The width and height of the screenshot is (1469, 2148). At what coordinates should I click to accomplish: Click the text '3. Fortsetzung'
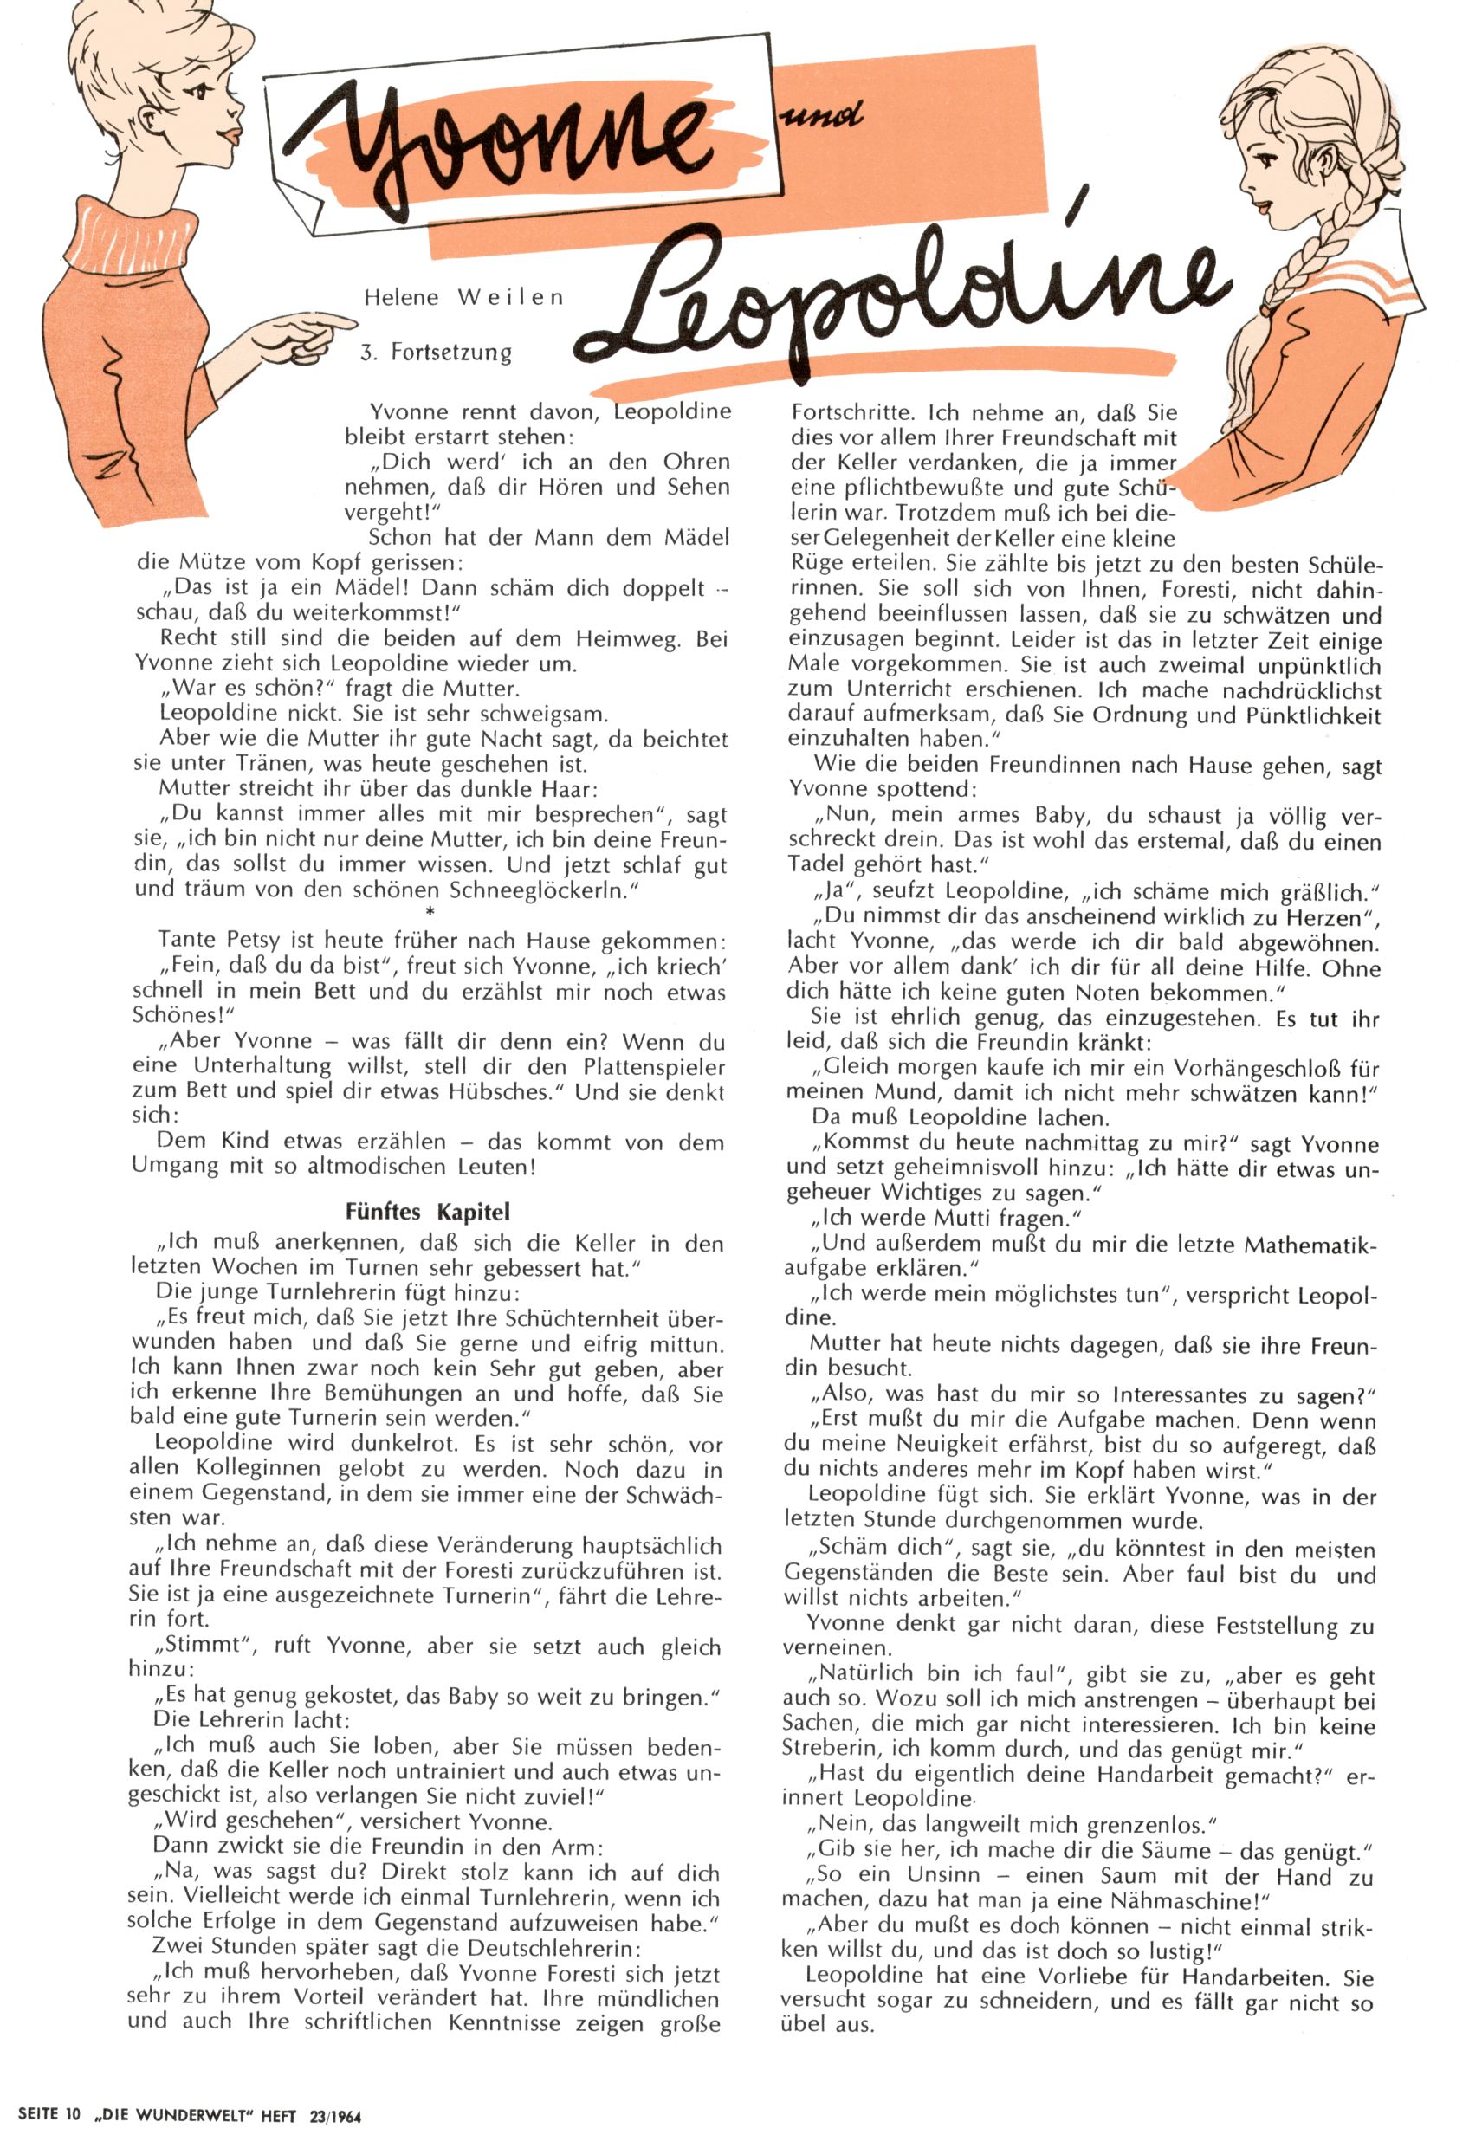437,353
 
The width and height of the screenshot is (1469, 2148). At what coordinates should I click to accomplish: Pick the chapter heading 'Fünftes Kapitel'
427,1211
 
